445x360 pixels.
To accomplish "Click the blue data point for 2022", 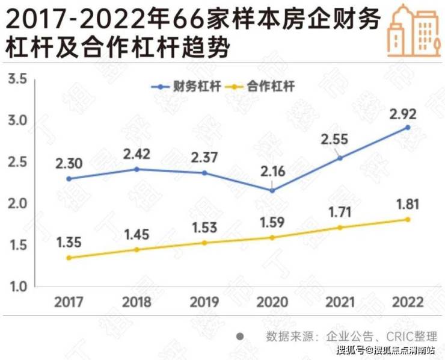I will pos(408,128).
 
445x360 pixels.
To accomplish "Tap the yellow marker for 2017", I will pos(69,258).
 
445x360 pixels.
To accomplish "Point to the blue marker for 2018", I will pos(137,169).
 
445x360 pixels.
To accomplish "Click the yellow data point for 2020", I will pos(272,237).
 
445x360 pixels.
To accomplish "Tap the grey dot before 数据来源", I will pos(240,335).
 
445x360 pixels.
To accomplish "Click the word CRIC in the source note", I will pos(388,336).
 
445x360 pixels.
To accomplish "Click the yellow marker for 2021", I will pos(340,228).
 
